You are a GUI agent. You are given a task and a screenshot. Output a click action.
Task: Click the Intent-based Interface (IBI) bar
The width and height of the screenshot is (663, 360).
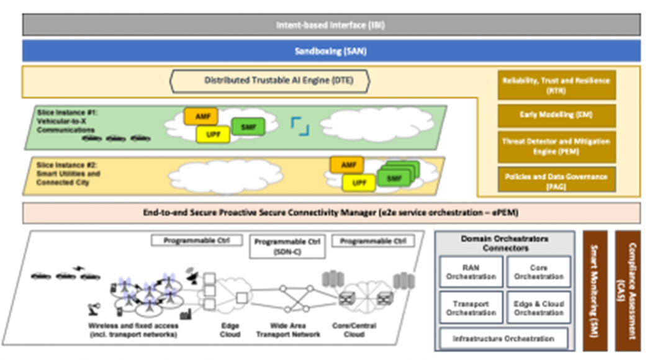point(331,25)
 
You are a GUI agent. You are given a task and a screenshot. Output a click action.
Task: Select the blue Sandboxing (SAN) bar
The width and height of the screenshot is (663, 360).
point(331,52)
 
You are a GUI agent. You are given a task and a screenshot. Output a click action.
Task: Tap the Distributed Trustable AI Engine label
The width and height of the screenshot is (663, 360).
point(270,81)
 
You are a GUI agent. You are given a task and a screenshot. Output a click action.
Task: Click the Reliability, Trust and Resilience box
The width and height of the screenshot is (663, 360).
point(556,85)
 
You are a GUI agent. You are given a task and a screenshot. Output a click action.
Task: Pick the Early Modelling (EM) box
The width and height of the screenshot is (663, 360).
point(556,115)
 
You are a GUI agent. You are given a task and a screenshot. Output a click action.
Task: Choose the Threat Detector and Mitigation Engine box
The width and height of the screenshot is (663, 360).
point(556,146)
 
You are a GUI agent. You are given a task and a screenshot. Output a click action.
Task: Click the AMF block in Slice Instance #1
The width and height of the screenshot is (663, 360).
point(201,116)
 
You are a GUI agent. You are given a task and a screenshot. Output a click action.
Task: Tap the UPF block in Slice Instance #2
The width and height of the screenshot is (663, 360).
point(359,183)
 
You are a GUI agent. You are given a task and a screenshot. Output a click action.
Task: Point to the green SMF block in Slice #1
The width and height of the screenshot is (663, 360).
point(248,127)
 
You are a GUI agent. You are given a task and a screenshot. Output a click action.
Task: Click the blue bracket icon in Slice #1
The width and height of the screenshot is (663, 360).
point(300,126)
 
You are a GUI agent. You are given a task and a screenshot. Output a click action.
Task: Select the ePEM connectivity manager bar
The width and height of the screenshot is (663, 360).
point(331,212)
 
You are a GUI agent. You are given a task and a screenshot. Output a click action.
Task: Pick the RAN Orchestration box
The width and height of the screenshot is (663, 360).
point(471,272)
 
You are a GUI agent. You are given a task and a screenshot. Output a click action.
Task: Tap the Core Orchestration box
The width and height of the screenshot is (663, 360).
point(538,272)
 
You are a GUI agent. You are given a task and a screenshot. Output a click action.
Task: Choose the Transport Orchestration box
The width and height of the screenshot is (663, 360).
point(471,308)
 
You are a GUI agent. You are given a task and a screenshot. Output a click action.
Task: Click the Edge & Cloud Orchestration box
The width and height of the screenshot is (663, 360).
point(538,308)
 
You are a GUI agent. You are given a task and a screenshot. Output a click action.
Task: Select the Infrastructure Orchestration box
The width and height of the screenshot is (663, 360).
point(503,339)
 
